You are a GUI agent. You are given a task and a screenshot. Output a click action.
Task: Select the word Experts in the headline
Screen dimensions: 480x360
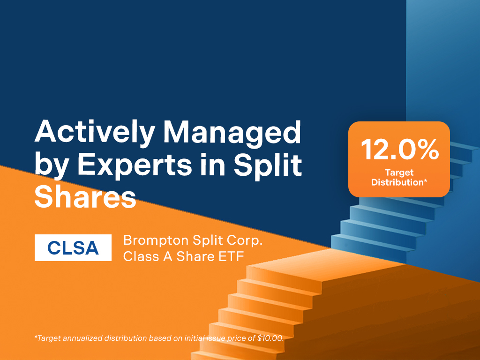(x=135, y=165)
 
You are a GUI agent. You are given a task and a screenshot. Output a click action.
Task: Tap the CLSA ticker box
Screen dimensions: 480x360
(x=73, y=247)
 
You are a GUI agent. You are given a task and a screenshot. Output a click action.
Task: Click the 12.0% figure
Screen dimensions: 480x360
(x=400, y=150)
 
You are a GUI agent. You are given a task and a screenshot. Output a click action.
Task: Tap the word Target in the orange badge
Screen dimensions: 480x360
(x=399, y=173)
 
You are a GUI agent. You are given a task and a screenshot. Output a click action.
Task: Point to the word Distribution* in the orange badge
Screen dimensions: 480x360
(x=399, y=182)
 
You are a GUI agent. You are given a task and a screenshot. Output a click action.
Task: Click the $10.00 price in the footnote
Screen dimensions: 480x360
(x=270, y=338)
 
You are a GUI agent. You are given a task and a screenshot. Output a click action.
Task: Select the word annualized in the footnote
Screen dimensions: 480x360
(x=82, y=338)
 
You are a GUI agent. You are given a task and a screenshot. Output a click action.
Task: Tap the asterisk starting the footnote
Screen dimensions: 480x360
(x=36, y=337)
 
